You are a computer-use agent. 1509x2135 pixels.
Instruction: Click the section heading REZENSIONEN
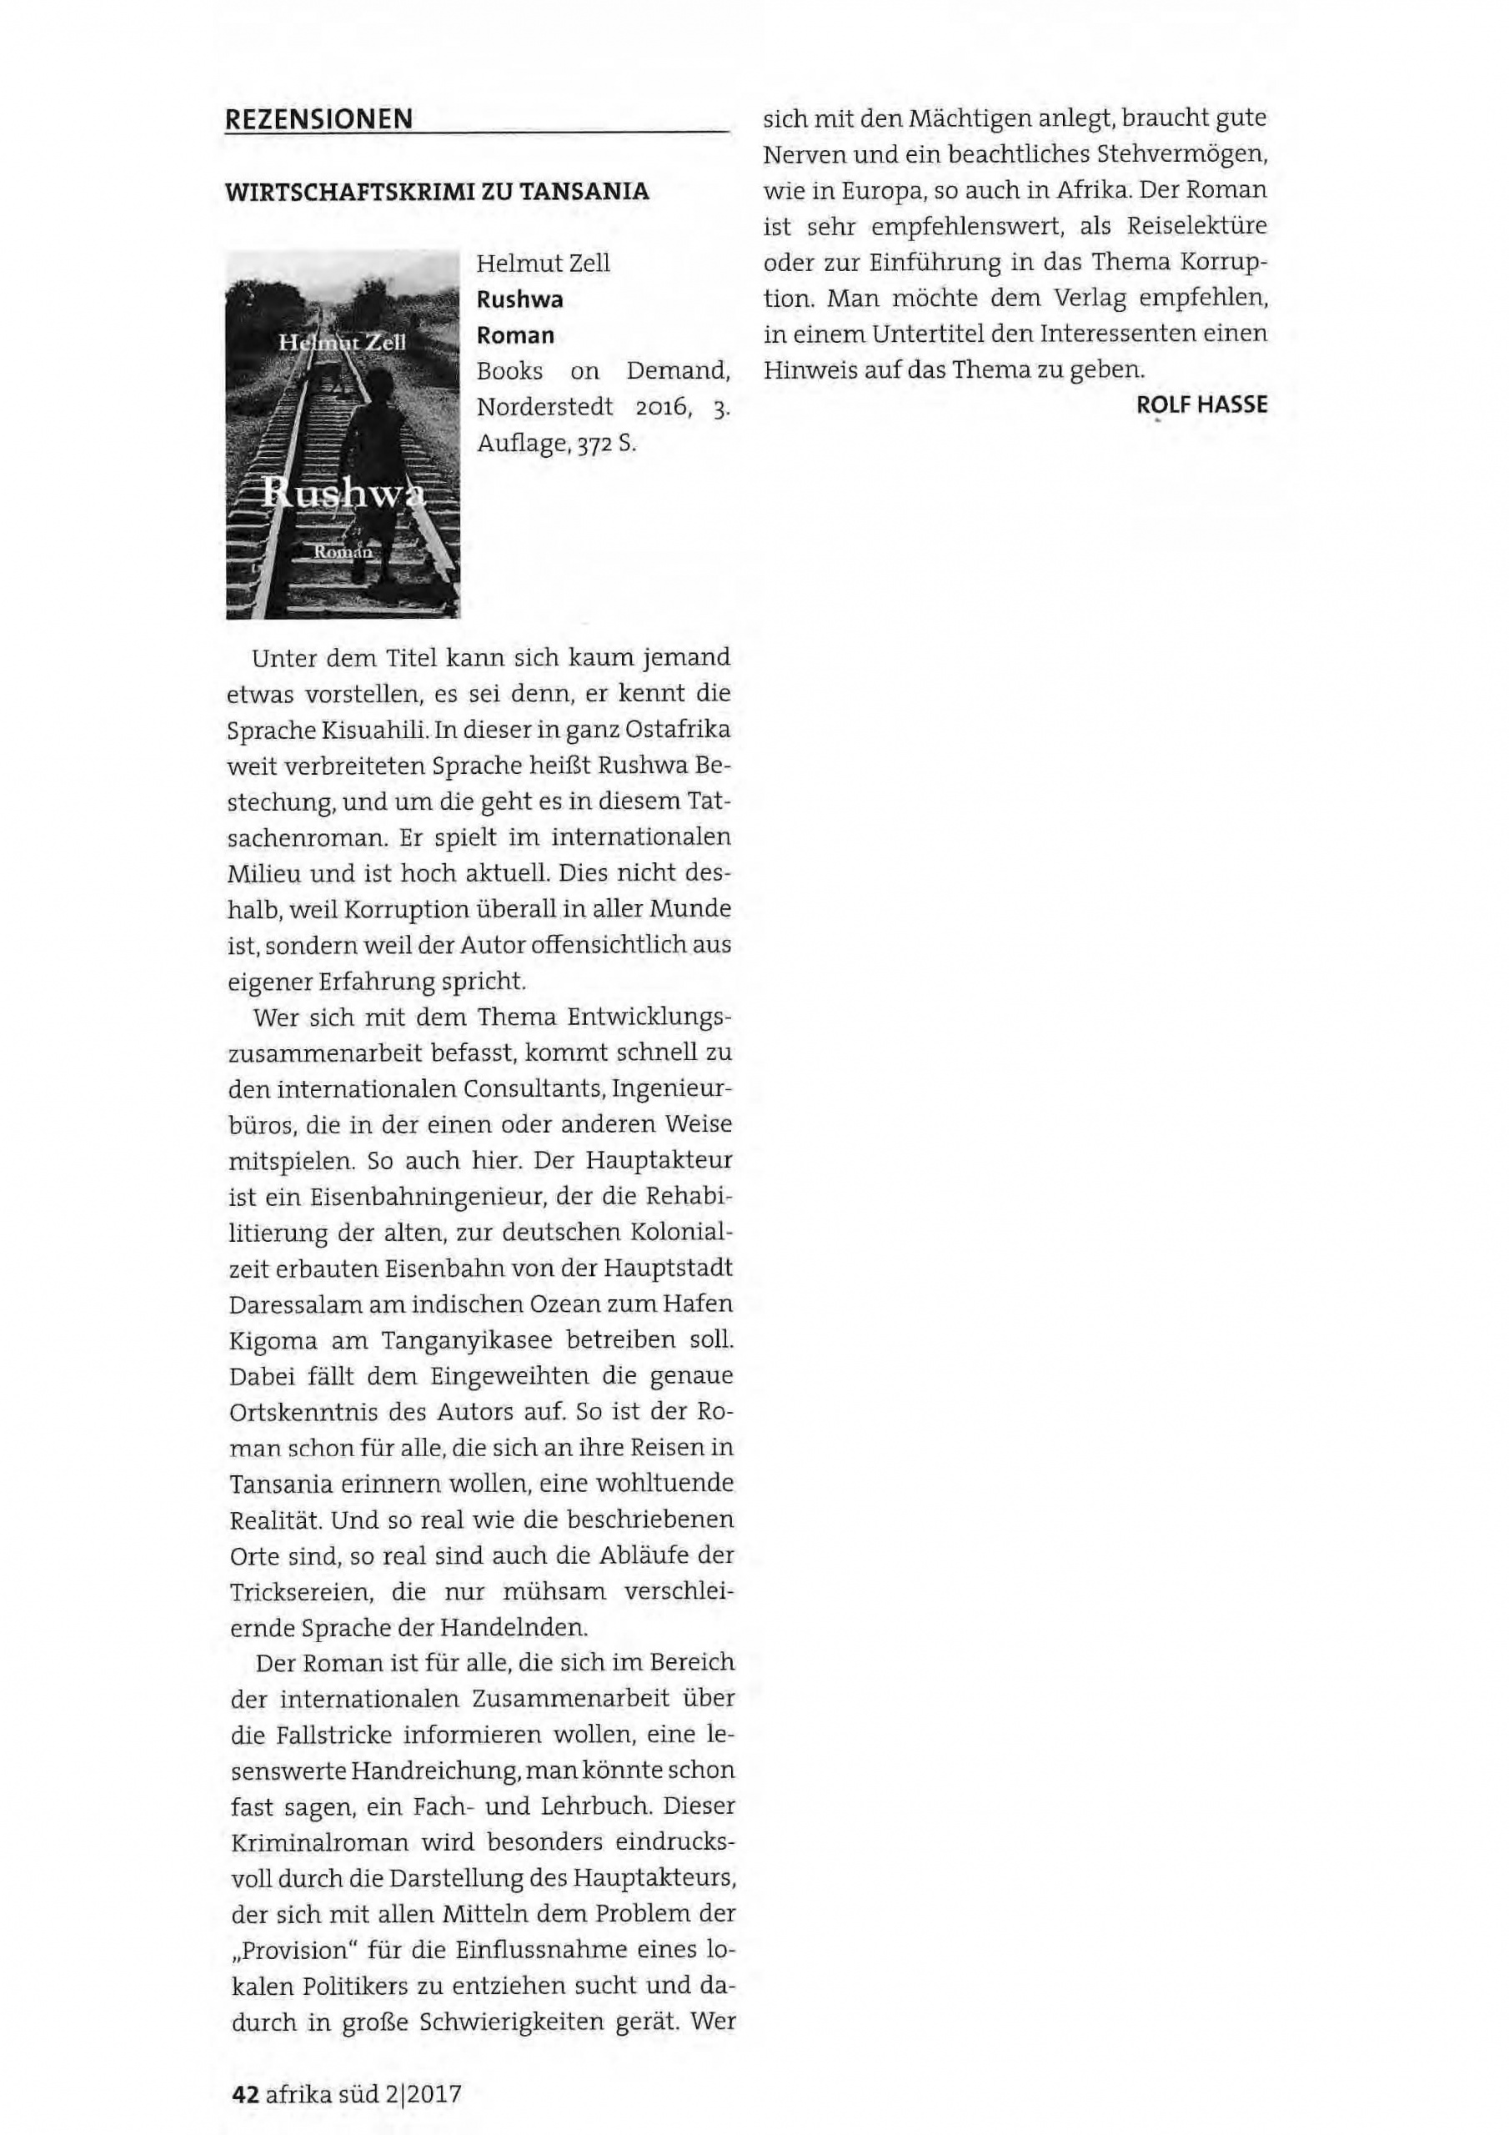pyautogui.click(x=319, y=119)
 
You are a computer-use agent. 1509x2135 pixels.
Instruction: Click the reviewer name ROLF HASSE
pyautogui.click(x=1201, y=405)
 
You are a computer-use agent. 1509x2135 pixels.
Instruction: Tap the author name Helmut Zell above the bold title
pyautogui.click(x=543, y=264)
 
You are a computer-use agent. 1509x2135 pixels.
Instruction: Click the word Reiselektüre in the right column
pyautogui.click(x=1196, y=226)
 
